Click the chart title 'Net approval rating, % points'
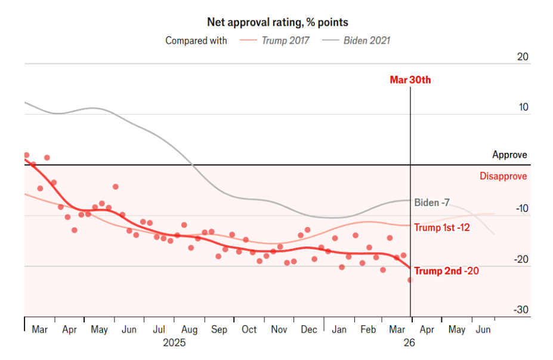[277, 22]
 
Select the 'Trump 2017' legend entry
[285, 41]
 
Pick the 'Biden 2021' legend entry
[366, 41]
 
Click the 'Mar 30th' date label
[410, 80]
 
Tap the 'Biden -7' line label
[432, 202]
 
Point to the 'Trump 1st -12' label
[442, 227]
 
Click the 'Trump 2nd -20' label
[446, 271]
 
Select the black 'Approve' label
[509, 155]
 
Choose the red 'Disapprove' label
[503, 176]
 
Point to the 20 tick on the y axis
[523, 57]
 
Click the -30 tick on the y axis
[520, 310]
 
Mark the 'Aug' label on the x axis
[189, 330]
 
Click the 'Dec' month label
[309, 330]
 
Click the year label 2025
[174, 343]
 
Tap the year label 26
[409, 343]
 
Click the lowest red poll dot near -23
[410, 280]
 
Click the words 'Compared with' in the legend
[196, 41]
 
